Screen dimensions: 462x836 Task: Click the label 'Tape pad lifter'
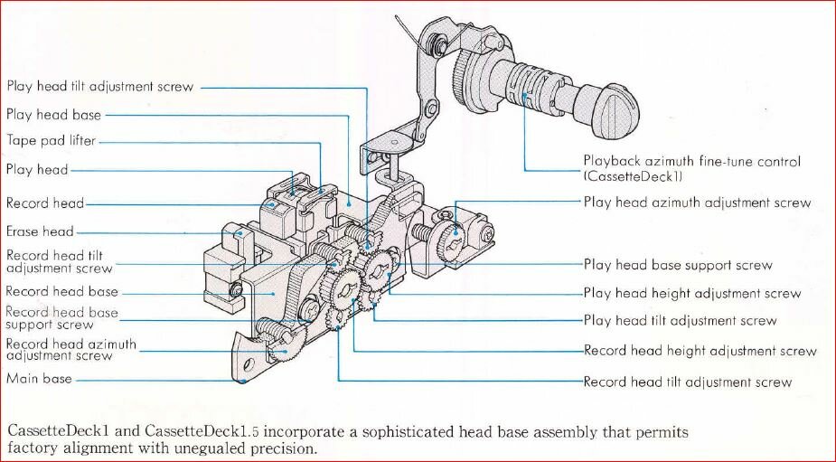pyautogui.click(x=51, y=141)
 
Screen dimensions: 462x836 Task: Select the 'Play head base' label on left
pyautogui.click(x=53, y=115)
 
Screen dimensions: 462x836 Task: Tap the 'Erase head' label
pyautogui.click(x=40, y=231)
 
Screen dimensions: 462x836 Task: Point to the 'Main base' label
pyautogui.click(x=39, y=379)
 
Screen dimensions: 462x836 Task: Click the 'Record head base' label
pyautogui.click(x=61, y=292)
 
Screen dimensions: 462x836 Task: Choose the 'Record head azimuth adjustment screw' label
pyautogui.click(x=70, y=350)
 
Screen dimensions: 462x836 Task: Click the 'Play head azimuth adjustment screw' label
pyautogui.click(x=697, y=203)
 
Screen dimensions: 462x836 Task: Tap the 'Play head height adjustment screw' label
pyautogui.click(x=691, y=293)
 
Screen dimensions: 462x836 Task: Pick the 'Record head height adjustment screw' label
pyautogui.click(x=700, y=351)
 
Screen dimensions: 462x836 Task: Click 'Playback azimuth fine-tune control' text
pyautogui.click(x=691, y=162)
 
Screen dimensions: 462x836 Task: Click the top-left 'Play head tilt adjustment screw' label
pyautogui.click(x=99, y=87)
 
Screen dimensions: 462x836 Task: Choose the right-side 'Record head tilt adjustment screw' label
pyautogui.click(x=687, y=382)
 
